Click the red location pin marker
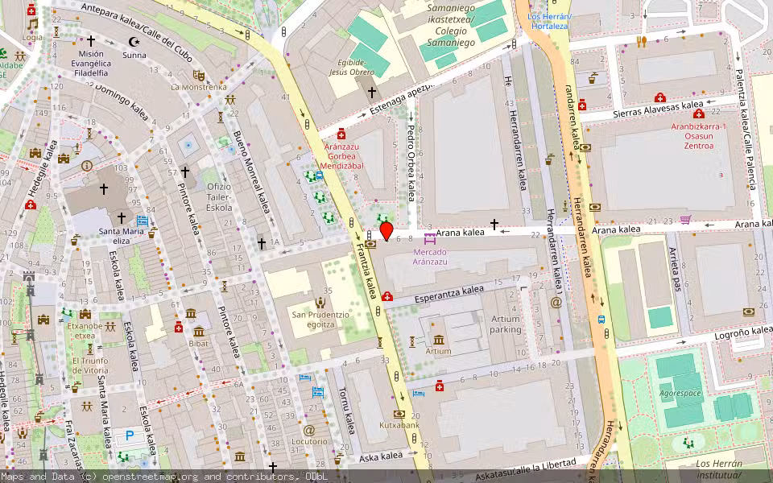(x=386, y=232)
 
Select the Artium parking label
(x=506, y=324)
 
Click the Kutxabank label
(x=399, y=424)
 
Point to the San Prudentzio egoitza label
(x=320, y=319)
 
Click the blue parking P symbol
(x=130, y=436)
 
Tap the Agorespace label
(x=681, y=394)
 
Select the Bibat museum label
(x=199, y=343)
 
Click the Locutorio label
(x=309, y=442)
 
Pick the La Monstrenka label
(x=198, y=86)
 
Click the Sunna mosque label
(x=134, y=55)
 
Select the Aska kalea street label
(x=380, y=456)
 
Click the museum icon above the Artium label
(x=438, y=340)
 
